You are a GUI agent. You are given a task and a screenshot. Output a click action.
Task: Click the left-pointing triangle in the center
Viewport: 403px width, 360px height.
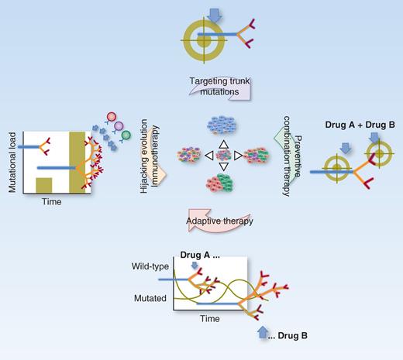pos(188,156)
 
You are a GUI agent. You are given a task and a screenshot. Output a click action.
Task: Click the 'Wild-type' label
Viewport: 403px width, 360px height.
pos(152,267)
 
